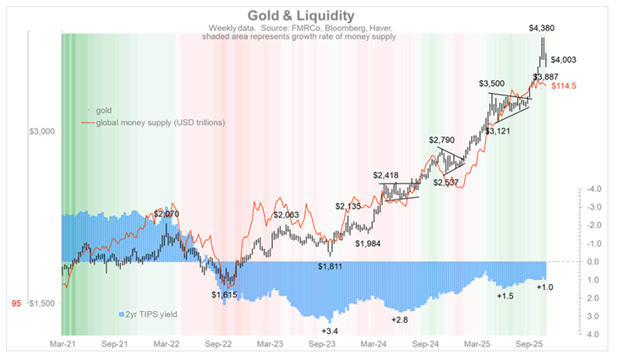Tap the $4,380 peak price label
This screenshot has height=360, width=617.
tap(542, 29)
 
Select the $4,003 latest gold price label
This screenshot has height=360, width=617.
tap(565, 59)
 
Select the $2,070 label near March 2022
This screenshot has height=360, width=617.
tap(167, 215)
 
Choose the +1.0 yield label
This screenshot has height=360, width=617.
tap(546, 288)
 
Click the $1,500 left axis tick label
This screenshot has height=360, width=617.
tap(42, 303)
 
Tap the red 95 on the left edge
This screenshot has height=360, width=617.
tap(16, 303)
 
